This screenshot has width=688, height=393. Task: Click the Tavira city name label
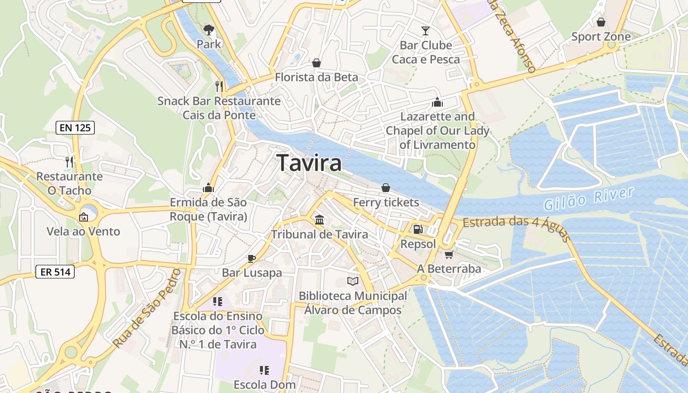(x=309, y=163)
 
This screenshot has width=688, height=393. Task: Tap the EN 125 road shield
(x=75, y=128)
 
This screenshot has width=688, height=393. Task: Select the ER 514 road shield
(x=55, y=272)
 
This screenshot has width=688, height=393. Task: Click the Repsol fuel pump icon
(x=418, y=229)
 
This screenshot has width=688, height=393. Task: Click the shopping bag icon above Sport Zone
(x=601, y=22)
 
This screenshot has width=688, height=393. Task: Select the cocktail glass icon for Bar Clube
(x=426, y=31)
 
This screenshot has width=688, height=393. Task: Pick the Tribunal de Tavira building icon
(x=319, y=220)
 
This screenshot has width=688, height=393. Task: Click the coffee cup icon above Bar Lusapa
(x=252, y=258)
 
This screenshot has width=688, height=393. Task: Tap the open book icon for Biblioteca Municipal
(x=353, y=281)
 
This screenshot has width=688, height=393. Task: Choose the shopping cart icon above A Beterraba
(x=449, y=254)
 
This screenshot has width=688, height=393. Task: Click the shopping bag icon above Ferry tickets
(x=386, y=188)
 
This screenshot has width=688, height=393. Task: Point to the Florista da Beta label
(x=316, y=77)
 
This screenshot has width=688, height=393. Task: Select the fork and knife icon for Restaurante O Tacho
(x=69, y=162)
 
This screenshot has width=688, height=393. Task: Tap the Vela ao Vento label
(x=83, y=231)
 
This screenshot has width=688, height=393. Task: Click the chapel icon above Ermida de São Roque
(x=208, y=188)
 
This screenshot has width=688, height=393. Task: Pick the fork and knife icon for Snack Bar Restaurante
(x=219, y=86)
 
